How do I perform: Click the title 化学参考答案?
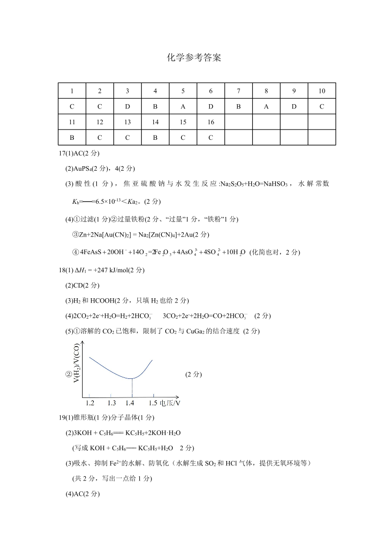(x=194, y=58)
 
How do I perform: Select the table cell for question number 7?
(x=238, y=91)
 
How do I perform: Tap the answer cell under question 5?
(x=183, y=107)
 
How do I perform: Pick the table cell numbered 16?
(x=211, y=122)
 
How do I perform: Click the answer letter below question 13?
(x=128, y=138)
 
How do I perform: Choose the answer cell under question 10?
(x=322, y=107)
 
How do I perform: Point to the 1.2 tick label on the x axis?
(x=90, y=403)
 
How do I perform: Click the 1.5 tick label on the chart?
(x=153, y=403)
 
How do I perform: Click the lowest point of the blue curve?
(x=131, y=378)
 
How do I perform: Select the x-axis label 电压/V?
(x=170, y=403)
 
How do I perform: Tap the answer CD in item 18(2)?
(x=77, y=285)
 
